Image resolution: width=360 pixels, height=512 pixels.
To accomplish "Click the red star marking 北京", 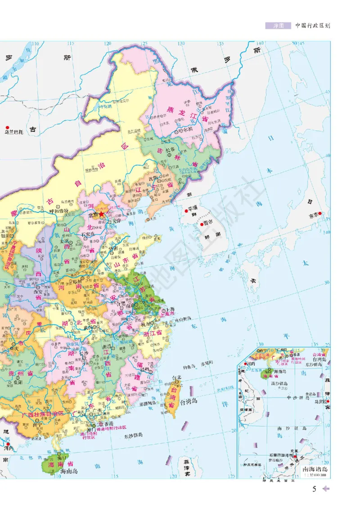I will (x=102, y=215).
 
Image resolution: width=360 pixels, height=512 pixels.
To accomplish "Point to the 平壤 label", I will (x=193, y=209).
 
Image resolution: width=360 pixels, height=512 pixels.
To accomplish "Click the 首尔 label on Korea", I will (x=207, y=222).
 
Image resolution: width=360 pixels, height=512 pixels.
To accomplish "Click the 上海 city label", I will (x=170, y=309).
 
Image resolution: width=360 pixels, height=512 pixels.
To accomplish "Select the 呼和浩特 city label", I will (x=58, y=211).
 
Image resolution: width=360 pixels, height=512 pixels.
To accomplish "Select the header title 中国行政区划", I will (x=312, y=26).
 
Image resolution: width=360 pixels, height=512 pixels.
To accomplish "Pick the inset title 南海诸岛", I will (x=315, y=470).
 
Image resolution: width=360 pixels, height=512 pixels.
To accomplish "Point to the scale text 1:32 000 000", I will (x=315, y=475).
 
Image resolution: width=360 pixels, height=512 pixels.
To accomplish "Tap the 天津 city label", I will (x=117, y=220).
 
